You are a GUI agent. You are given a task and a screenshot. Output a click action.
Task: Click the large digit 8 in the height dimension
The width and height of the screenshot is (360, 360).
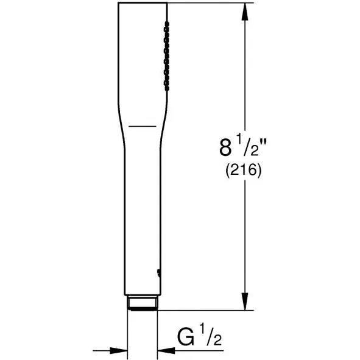pos(225,148)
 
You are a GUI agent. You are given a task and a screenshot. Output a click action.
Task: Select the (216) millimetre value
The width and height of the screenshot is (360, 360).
pos(244,171)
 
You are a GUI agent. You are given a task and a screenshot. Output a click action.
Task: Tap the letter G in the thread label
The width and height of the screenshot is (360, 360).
pos(185,337)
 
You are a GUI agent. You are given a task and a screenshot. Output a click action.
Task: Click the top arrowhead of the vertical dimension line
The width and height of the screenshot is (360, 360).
pos(245,12)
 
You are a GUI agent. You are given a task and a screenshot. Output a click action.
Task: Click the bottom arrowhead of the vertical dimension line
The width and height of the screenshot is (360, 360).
pos(245,302)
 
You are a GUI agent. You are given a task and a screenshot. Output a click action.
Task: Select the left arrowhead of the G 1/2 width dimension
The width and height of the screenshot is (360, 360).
pos(119,351)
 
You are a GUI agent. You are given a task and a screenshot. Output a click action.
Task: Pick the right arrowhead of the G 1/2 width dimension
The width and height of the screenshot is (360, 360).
pos(166,351)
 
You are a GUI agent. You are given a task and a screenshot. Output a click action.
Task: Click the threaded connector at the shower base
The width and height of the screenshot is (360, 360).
pos(143,303)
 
